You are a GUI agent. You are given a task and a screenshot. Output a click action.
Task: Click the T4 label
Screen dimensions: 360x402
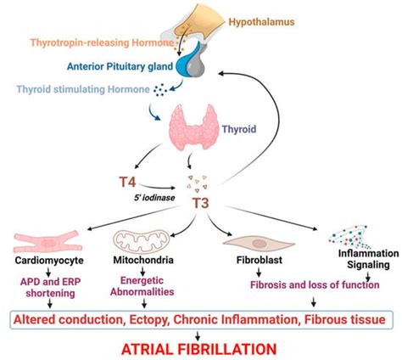tap(126, 181)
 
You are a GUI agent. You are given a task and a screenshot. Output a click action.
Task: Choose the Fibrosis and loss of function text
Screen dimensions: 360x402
tap(298, 287)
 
